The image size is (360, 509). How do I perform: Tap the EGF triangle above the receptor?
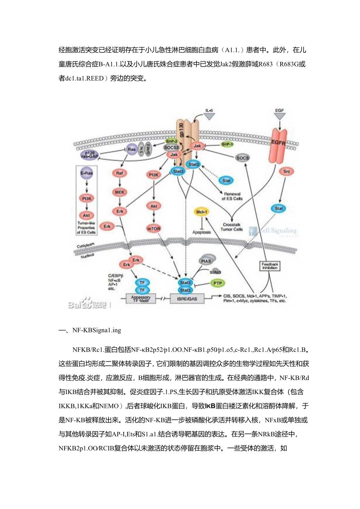click(x=280, y=115)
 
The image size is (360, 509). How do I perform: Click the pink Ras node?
click(x=131, y=150)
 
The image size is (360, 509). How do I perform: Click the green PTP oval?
click(x=216, y=282)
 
